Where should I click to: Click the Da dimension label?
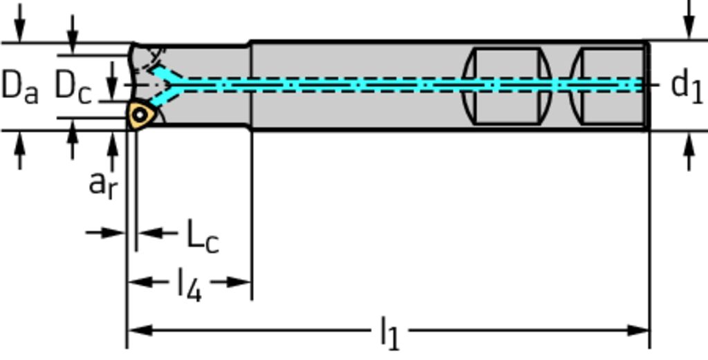pos(20,86)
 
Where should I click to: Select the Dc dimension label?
pos(73,86)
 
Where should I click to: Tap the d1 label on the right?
pos(687,85)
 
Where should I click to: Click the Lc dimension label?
pos(203,236)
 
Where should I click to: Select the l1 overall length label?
pos(390,333)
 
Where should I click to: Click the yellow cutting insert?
pos(142,115)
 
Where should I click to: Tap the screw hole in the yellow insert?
pos(140,115)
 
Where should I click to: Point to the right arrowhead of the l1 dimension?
pos(638,331)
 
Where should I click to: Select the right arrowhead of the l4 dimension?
pos(239,283)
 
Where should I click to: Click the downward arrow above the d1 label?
pos(689,19)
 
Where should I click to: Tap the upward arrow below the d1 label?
pos(689,151)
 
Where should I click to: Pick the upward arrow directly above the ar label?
pos(113,152)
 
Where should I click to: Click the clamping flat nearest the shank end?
pos(607,85)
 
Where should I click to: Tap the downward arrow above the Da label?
pos(19,23)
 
